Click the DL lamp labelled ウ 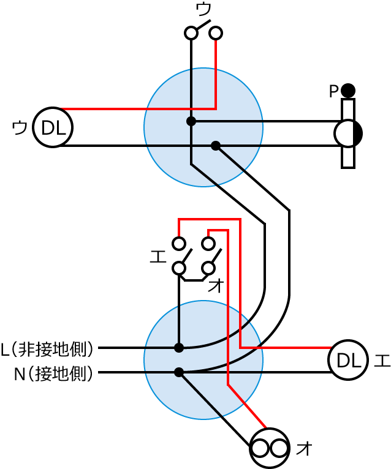tap(53, 127)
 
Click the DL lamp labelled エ tap(348, 360)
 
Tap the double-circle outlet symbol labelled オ tap(270, 448)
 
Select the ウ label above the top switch tap(203, 9)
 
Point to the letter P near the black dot tap(333, 91)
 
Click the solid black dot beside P tap(348, 91)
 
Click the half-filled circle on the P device tap(348, 133)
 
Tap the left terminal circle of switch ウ tap(191, 32)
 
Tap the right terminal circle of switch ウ tap(216, 32)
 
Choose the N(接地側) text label tap(54, 373)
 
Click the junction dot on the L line tap(179, 348)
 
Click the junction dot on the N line tap(179, 372)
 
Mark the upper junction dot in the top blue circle tap(191, 121)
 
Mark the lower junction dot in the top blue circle tap(216, 146)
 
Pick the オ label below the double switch tap(216, 285)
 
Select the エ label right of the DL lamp tap(381, 360)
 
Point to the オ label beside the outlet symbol tap(304, 449)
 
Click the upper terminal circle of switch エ tap(179, 244)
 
